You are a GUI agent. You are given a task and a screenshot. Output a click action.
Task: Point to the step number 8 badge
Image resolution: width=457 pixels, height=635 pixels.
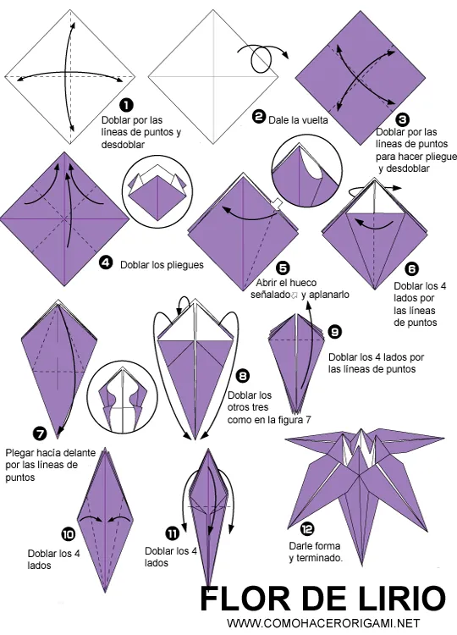tap(242, 375)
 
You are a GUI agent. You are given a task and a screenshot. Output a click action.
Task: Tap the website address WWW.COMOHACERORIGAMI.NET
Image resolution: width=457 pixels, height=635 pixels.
tap(323, 624)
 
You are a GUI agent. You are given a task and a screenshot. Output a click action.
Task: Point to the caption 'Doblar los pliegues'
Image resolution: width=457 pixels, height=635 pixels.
tap(162, 264)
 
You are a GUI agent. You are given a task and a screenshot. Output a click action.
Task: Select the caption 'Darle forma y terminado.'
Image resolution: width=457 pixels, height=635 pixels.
tap(315, 552)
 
